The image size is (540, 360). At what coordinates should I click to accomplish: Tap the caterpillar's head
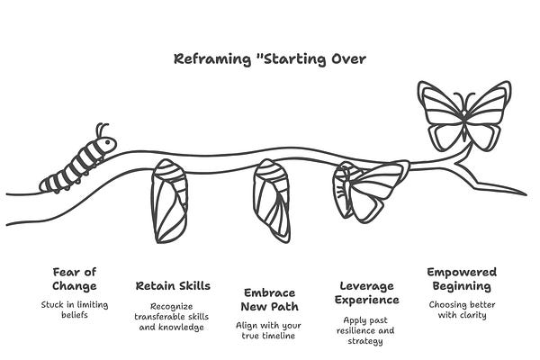pos(106,144)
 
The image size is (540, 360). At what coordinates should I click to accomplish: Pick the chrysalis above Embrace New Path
pos(269,201)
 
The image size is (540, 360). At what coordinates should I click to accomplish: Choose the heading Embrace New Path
pos(270,300)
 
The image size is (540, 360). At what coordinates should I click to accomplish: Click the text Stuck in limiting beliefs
pos(75,310)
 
